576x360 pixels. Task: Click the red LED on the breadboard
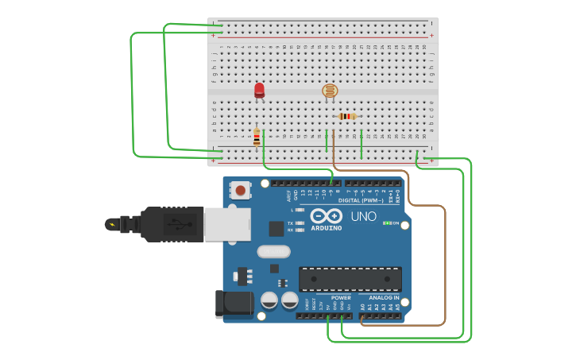259,90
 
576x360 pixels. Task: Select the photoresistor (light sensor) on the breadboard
330,91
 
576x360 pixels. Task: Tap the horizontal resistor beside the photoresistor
347,116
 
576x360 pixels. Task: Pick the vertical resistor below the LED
257,137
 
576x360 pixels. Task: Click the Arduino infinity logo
326,216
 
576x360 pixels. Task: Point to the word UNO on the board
363,216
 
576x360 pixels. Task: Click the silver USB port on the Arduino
227,224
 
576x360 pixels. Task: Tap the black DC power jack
234,304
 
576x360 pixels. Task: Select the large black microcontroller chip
350,279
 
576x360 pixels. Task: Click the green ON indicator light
386,223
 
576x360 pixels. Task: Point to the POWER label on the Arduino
341,298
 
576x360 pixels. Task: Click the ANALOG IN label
385,298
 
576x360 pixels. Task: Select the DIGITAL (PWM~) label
361,200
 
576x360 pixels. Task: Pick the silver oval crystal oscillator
273,251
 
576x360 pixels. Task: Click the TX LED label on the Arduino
291,223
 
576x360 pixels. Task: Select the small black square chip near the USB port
276,229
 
